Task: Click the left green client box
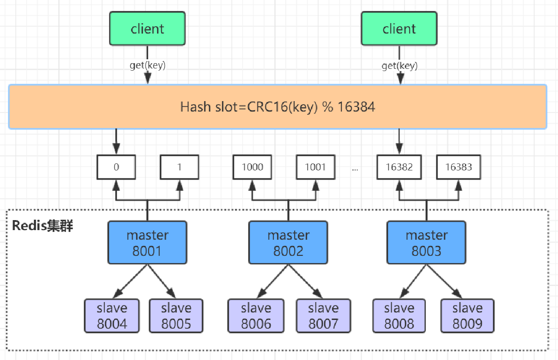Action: click(147, 29)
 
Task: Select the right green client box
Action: click(399, 29)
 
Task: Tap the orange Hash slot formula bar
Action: click(278, 107)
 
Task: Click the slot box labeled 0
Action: click(116, 167)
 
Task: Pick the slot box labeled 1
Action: click(179, 167)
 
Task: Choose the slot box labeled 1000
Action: click(252, 167)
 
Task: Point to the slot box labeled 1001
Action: click(316, 167)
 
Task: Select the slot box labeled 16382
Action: click(399, 167)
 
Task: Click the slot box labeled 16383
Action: click(459, 167)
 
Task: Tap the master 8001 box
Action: click(147, 243)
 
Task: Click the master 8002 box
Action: click(288, 243)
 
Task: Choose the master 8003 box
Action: click(426, 243)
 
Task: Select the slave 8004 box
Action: click(112, 316)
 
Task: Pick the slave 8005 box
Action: click(176, 316)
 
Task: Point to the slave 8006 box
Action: click(256, 316)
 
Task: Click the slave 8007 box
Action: click(323, 316)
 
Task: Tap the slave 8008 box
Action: click(399, 316)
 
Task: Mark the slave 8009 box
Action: click(467, 316)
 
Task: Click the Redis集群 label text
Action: click(43, 226)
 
